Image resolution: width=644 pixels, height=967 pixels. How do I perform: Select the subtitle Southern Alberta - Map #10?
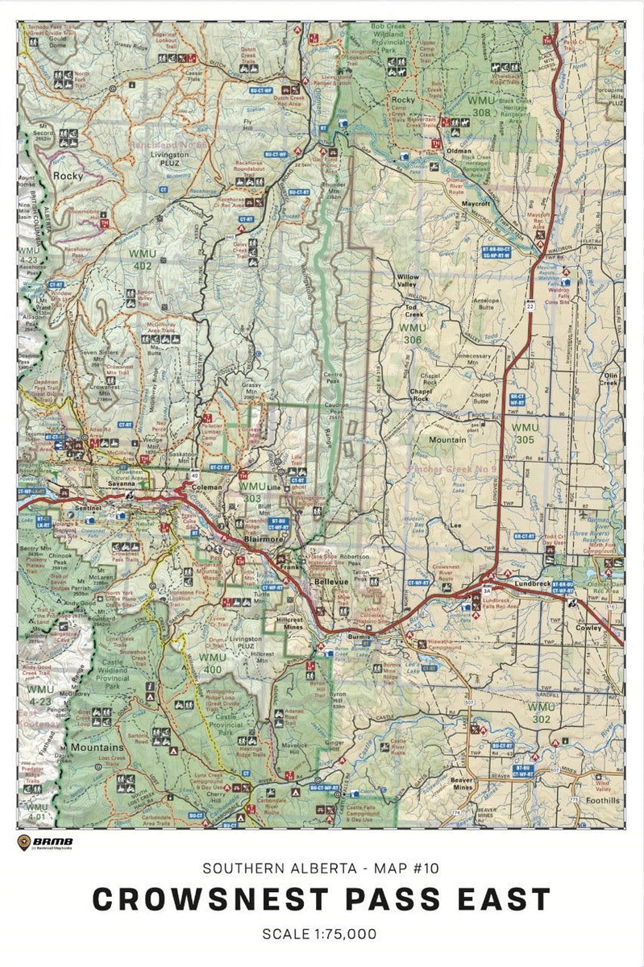point(322,868)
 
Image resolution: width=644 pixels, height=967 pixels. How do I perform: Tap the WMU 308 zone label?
point(481,107)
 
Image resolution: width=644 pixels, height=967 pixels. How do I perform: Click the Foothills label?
point(603,800)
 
